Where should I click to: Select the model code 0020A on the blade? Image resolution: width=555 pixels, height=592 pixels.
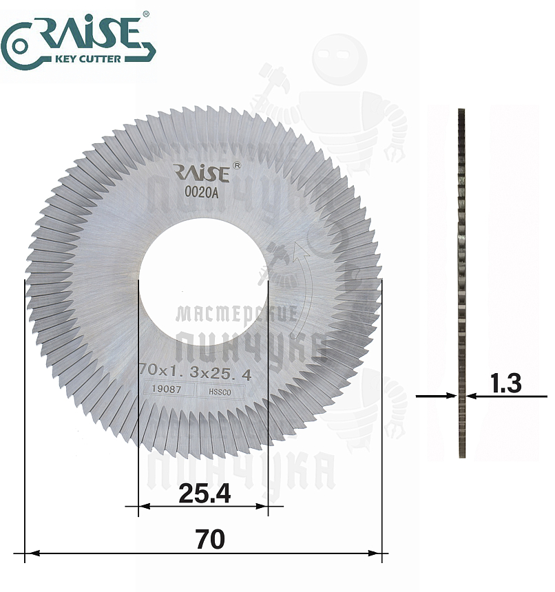pos(202,193)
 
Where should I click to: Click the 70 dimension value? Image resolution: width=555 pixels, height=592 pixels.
pos(210,540)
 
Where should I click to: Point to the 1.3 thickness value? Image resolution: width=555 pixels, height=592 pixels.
pos(506,383)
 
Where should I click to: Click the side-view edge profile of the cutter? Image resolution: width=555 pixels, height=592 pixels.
pos(461,282)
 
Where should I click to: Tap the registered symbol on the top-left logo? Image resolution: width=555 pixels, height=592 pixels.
pos(145,14)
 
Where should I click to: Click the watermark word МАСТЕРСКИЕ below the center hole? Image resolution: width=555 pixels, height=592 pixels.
pos(236,315)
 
